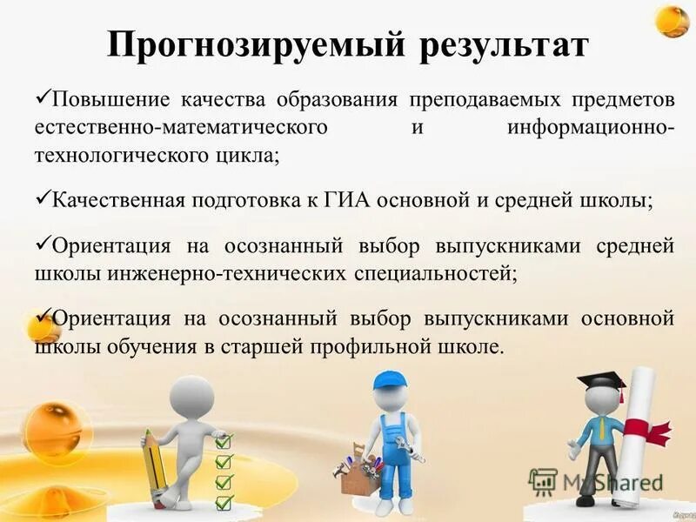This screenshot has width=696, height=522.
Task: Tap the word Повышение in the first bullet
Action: (x=104, y=102)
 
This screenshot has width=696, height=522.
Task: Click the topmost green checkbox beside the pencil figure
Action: (x=224, y=441)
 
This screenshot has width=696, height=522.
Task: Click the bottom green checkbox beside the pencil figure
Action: (x=224, y=502)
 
